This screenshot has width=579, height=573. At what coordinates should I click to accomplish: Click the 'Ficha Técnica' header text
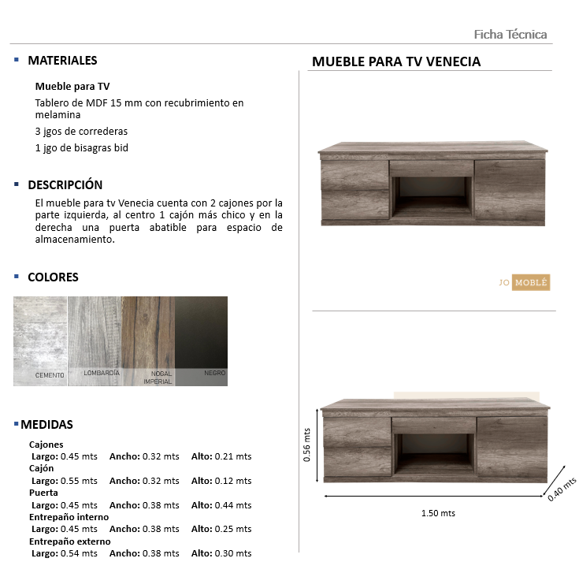click(510, 34)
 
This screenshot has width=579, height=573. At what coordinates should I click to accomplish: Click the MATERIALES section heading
click(62, 61)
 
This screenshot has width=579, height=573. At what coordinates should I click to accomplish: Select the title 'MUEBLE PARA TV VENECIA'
click(396, 61)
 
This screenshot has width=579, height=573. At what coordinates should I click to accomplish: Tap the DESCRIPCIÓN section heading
click(65, 185)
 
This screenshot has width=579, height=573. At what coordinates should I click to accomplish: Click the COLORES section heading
click(53, 277)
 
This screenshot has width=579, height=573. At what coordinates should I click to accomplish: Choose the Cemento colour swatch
click(40, 340)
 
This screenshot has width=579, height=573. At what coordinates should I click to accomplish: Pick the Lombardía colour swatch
click(95, 340)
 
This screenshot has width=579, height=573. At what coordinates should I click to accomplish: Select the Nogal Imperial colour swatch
click(148, 340)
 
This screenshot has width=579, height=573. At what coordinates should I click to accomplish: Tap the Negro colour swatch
click(201, 340)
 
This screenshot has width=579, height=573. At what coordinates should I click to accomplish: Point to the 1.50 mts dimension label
click(438, 513)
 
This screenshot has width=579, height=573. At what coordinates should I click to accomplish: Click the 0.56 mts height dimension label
click(307, 445)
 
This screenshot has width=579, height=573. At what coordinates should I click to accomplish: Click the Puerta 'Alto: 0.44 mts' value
click(221, 505)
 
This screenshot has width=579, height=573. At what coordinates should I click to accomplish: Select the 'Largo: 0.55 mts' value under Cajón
click(64, 481)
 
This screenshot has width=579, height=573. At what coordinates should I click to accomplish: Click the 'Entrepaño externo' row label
click(70, 541)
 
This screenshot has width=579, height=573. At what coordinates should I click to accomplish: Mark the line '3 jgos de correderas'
click(81, 132)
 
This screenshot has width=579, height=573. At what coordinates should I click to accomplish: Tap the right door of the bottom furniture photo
click(510, 448)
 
